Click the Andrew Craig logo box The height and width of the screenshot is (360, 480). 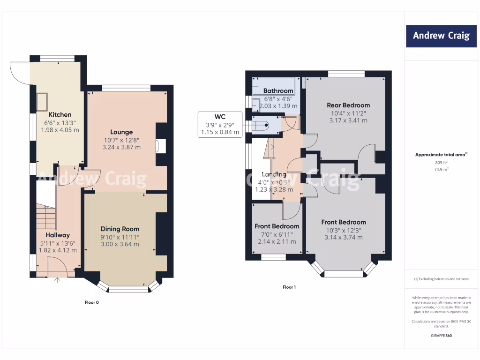pyautogui.click(x=441, y=36)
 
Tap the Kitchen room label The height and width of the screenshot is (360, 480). pyautogui.click(x=60, y=114)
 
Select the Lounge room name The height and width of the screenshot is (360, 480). pyautogui.click(x=121, y=132)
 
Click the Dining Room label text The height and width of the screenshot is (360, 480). pyautogui.click(x=120, y=229)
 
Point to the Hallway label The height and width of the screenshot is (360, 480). pyautogui.click(x=58, y=235)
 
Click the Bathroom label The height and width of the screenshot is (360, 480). pyautogui.click(x=278, y=90)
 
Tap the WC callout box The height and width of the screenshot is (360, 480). pyautogui.click(x=220, y=124)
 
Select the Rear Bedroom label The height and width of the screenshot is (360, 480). pyautogui.click(x=348, y=105)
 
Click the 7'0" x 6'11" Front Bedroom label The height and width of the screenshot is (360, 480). pyautogui.click(x=277, y=226)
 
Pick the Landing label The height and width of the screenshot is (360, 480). pyautogui.click(x=274, y=174)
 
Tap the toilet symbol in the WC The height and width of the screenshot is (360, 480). pyautogui.click(x=261, y=125)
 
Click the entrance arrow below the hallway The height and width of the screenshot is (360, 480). pyautogui.click(x=58, y=281)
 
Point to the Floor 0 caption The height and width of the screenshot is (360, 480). pyautogui.click(x=91, y=302)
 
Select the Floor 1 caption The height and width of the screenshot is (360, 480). pyautogui.click(x=289, y=287)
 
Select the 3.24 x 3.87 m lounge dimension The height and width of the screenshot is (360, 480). pyautogui.click(x=121, y=147)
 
